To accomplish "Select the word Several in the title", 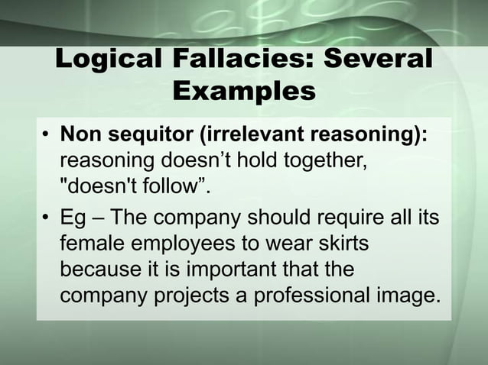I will point(379,60).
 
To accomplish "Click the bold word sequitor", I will point(146,134).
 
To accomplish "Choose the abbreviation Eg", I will point(73,218).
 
